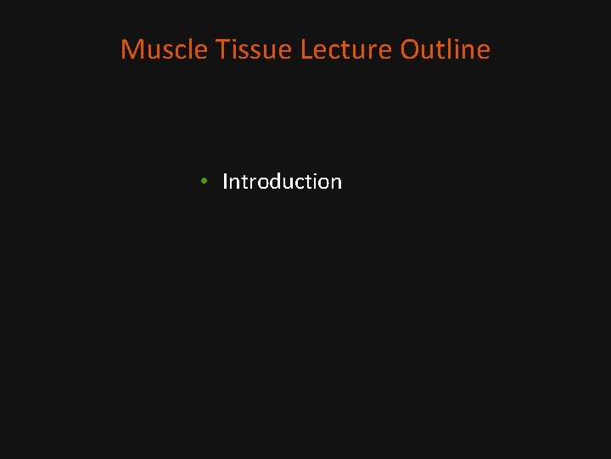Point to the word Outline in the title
point(445,49)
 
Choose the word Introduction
point(282,181)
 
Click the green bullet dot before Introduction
point(205,182)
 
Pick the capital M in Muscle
point(131,49)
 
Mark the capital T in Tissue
point(223,49)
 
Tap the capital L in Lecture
point(305,49)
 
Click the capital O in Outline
point(411,49)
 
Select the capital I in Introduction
point(225,181)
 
